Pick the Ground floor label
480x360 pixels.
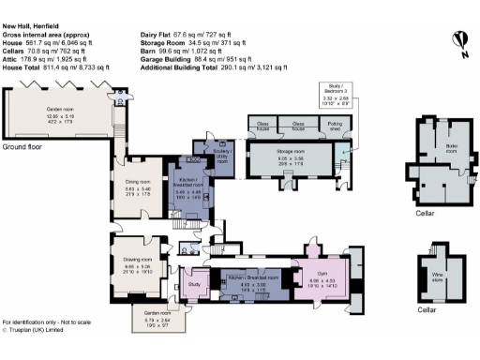[26, 148]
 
